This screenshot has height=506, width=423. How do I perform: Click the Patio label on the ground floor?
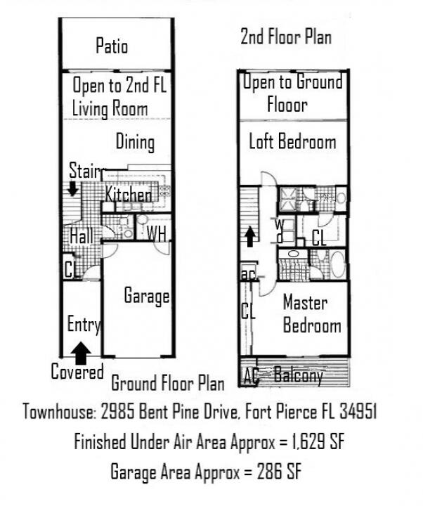point(112,46)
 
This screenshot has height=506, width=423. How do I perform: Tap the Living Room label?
point(110,108)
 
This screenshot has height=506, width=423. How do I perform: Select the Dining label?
point(135,142)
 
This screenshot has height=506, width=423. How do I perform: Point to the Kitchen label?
point(129,194)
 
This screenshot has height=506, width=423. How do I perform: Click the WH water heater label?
point(156,234)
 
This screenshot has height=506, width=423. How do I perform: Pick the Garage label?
point(147,295)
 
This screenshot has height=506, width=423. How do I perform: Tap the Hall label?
point(82,236)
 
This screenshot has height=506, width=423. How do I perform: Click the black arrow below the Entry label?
point(82,349)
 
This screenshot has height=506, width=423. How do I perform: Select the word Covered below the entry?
point(77,371)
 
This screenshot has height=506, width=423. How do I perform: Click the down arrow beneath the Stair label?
point(72,189)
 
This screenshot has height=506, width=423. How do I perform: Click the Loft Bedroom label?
point(292,142)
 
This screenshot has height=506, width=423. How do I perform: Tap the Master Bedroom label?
point(311,314)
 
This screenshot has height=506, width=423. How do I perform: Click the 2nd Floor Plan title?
point(286,37)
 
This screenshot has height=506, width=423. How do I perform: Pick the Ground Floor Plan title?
point(168,383)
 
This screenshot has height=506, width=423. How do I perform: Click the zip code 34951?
point(354,411)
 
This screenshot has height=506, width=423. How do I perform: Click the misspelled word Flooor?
point(287,105)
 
